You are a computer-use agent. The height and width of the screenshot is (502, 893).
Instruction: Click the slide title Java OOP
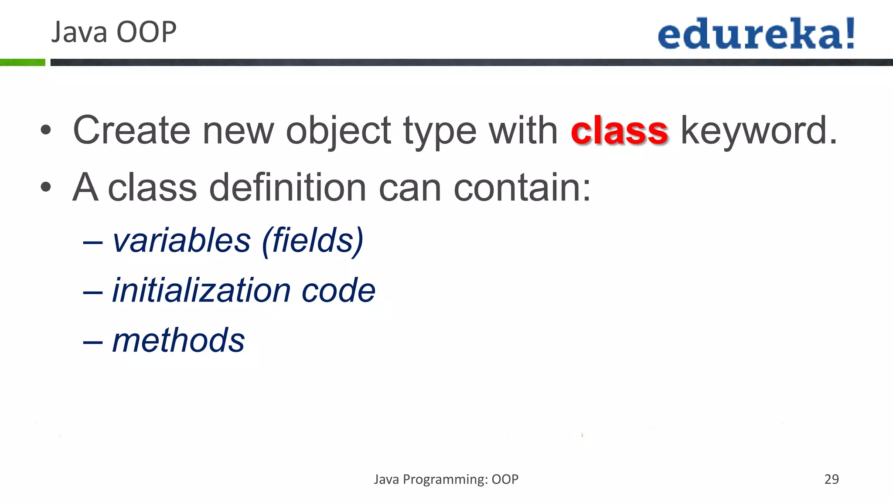point(114,32)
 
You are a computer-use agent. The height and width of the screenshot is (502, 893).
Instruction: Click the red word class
point(619,131)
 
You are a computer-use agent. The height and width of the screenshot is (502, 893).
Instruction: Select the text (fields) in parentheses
point(313,241)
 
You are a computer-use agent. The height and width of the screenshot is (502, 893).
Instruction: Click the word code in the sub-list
point(338,291)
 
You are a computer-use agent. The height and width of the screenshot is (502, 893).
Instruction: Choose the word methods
point(179,340)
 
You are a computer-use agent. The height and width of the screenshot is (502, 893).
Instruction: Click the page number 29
point(832,479)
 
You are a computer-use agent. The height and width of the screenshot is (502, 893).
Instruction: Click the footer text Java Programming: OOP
point(446,479)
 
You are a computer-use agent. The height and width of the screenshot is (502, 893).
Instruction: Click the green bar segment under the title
point(22,62)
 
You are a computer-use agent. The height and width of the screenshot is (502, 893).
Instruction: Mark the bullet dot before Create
point(46,130)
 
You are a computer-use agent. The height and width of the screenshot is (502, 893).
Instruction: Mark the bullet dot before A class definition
point(46,187)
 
